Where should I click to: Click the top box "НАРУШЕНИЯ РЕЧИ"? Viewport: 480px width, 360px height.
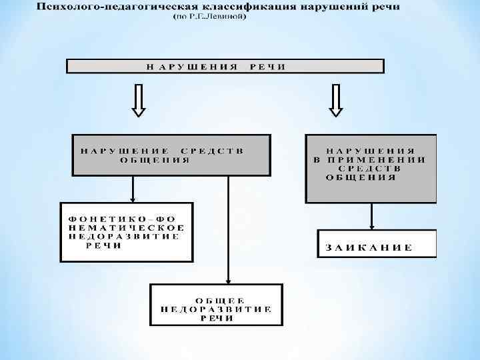pos(225,65)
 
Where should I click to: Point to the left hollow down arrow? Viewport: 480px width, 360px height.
pos(139,100)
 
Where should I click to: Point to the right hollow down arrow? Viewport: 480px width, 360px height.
pos(336,100)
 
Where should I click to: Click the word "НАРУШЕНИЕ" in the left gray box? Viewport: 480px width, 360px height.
pos(123,151)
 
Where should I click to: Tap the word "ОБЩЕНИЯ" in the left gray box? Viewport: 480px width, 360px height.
pos(154,160)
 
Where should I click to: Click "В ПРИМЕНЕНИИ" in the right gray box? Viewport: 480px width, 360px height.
pos(371,160)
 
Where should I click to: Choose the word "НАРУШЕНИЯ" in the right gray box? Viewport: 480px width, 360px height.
pos(371,151)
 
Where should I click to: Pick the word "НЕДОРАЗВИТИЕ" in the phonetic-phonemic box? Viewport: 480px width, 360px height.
pos(123,236)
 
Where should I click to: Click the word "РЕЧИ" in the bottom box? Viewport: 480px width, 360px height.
pos(217,318)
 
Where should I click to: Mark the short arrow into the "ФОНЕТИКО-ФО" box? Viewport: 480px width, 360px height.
pos(134,189)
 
